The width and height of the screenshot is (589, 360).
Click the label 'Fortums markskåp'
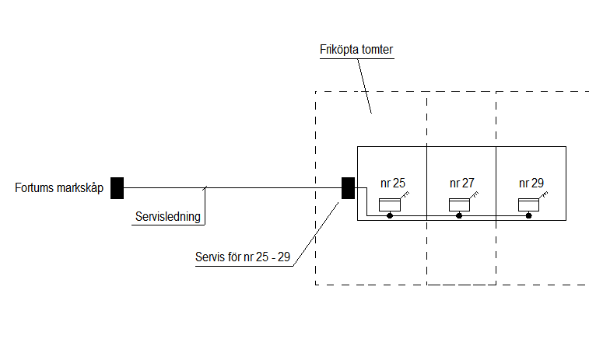click(59, 187)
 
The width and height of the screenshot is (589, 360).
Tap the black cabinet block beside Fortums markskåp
click(117, 188)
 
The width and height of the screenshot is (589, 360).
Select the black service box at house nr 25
click(349, 188)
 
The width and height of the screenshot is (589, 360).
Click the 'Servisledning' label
click(168, 217)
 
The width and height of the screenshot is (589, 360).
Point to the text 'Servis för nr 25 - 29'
click(243, 257)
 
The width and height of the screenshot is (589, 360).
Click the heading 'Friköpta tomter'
click(356, 50)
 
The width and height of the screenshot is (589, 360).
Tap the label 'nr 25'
click(393, 183)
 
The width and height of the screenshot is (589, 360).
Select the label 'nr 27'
click(462, 183)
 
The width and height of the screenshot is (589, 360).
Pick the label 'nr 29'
click(531, 183)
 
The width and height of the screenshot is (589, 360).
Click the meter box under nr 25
click(390, 205)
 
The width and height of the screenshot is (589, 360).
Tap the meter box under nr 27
click(459, 205)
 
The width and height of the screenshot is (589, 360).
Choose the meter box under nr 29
click(528, 205)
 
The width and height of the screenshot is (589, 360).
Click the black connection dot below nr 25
click(390, 216)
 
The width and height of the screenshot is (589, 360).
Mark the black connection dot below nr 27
click(459, 216)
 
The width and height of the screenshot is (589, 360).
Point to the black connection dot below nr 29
click(528, 216)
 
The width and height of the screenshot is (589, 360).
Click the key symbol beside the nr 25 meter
click(405, 195)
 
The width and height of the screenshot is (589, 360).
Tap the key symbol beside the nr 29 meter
click(544, 195)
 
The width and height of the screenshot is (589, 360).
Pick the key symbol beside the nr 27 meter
click(474, 195)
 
